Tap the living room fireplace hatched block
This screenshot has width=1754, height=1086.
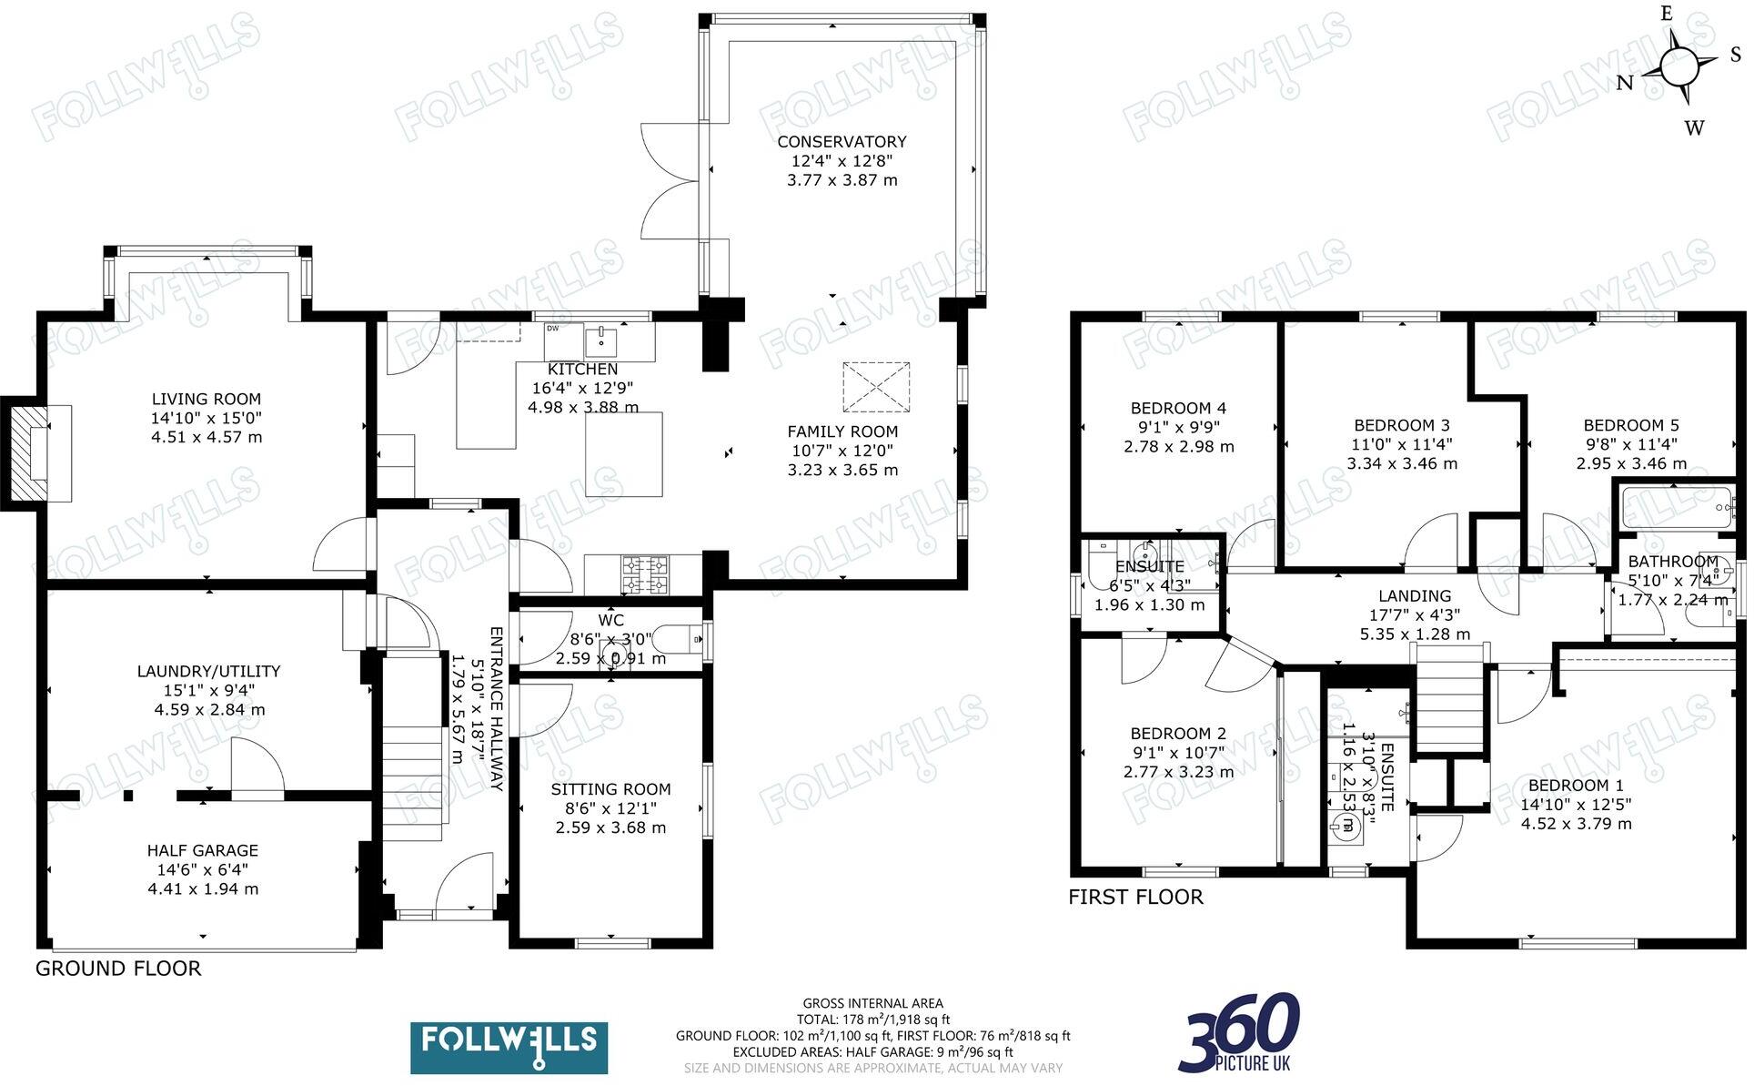(x=27, y=452)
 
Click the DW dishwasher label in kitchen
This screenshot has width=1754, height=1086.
(x=553, y=329)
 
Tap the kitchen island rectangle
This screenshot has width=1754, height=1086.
(x=625, y=454)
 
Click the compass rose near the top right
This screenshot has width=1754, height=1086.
(x=1678, y=66)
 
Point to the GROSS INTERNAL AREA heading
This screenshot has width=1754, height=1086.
(x=873, y=1004)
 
